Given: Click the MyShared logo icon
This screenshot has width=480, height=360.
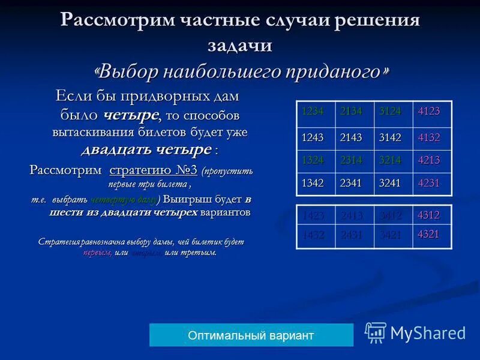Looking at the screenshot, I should (376, 332).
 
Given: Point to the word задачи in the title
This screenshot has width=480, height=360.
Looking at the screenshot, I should (240, 45).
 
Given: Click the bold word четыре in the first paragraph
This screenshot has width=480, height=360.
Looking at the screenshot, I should (131, 114).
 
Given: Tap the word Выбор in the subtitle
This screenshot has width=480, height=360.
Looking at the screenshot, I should (127, 72).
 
